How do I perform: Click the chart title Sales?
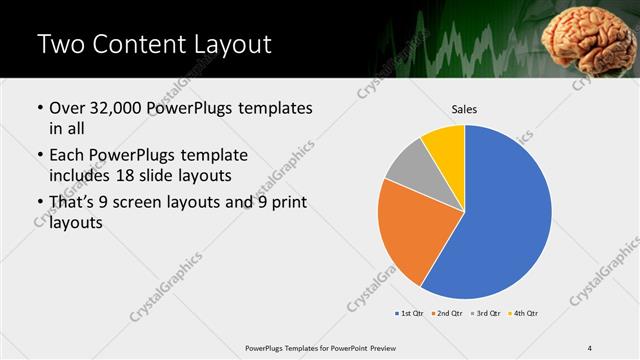coord(464,109)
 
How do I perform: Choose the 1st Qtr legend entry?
coord(411,313)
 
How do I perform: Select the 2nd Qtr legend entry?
coord(449,313)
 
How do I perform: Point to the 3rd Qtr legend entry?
coord(486,313)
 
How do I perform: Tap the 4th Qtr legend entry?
coord(524,313)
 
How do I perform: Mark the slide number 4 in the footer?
coord(589,347)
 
